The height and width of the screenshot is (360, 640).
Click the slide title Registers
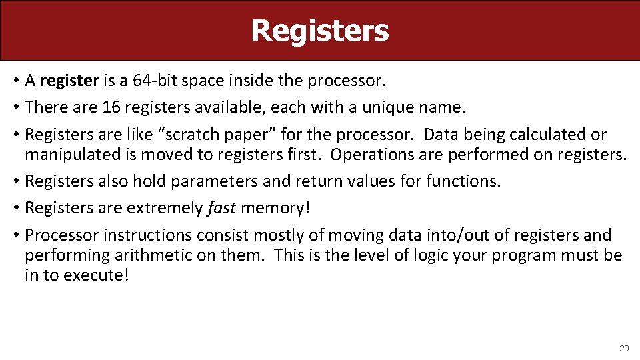(319, 31)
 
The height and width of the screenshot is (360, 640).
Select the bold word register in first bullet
(69, 81)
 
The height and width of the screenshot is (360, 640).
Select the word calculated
(548, 135)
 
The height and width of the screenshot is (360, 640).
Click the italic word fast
(221, 208)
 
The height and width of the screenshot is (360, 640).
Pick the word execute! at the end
(95, 275)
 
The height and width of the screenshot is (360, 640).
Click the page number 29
(624, 348)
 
